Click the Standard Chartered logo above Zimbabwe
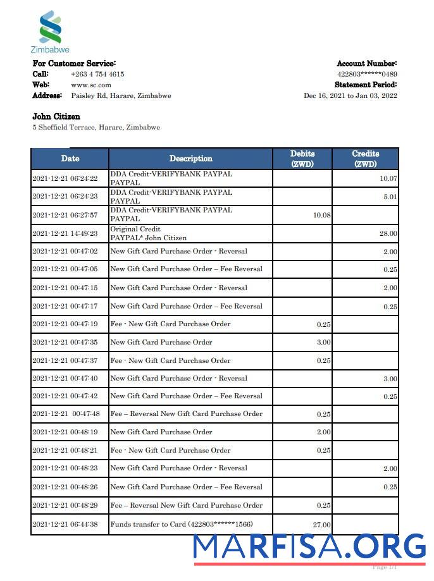[50, 27]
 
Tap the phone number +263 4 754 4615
[97, 74]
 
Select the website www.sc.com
[91, 85]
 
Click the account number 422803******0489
[367, 74]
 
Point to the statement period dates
[350, 95]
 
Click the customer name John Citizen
[56, 116]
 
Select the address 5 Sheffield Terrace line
[96, 127]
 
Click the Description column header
[190, 159]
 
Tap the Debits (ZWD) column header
[302, 158]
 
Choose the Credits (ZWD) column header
[365, 158]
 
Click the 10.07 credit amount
[388, 179]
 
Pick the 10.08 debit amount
[321, 215]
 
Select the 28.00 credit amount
[388, 233]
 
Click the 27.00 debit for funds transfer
[321, 525]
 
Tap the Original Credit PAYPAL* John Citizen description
[149, 233]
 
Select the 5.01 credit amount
[390, 197]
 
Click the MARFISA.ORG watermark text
[309, 546]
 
